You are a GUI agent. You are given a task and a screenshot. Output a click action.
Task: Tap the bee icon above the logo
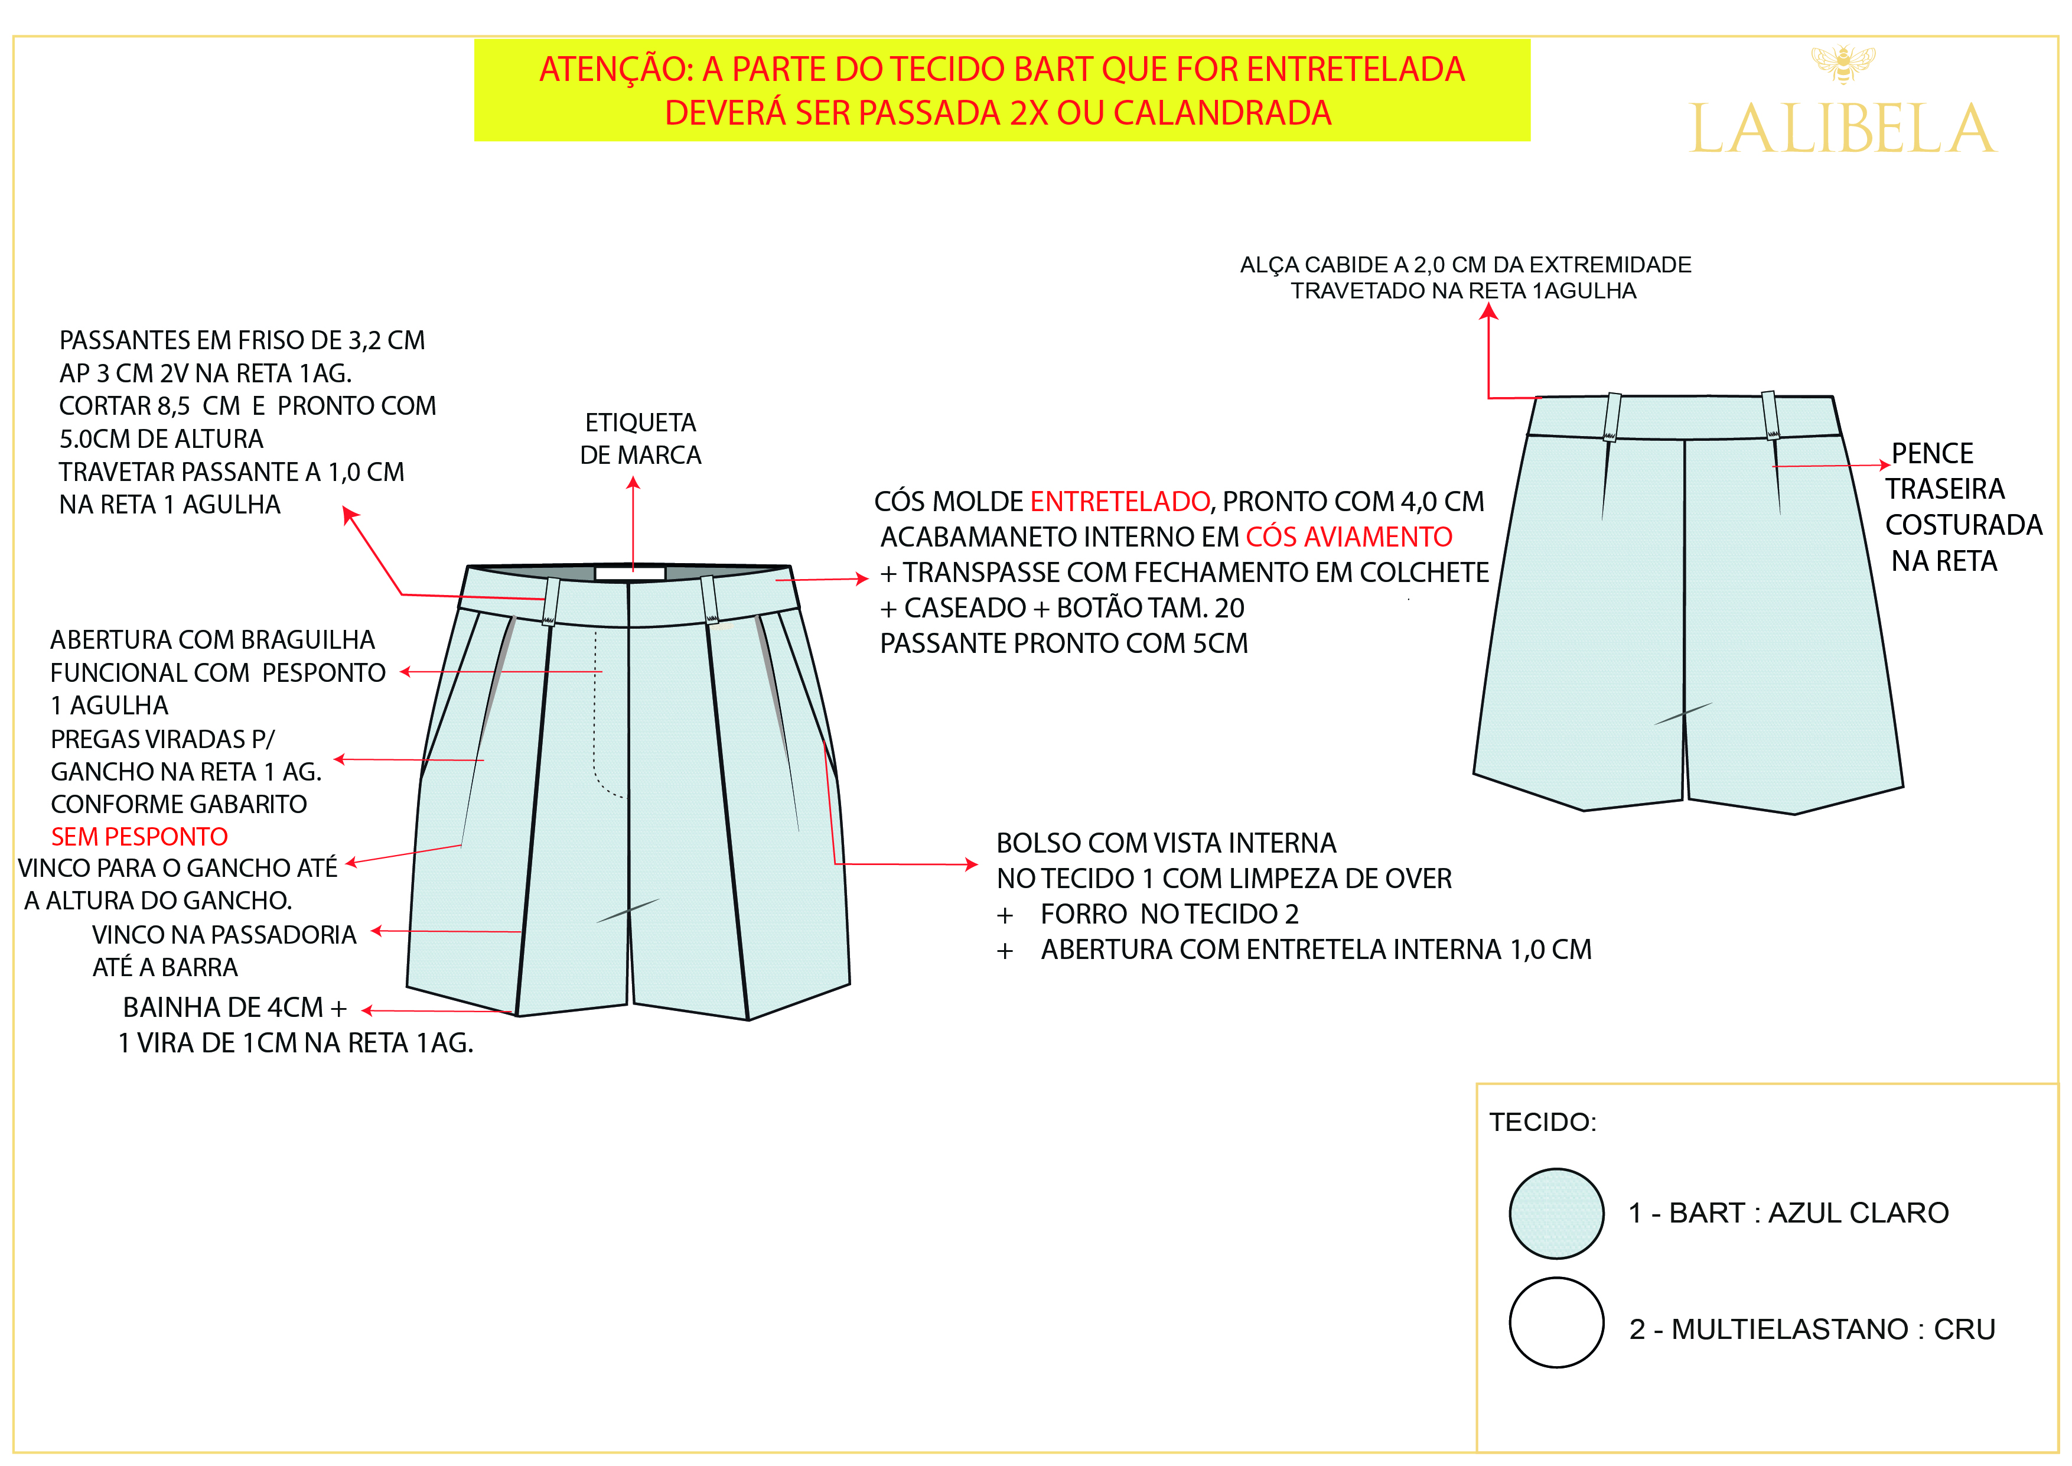[1843, 63]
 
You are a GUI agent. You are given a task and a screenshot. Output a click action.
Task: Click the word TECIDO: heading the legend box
[1542, 1122]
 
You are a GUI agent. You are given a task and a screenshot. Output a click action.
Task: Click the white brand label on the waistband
[630, 573]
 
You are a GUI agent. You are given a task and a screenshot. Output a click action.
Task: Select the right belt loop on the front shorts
[710, 599]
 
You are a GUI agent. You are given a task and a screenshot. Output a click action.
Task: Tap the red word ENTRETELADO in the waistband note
[1119, 501]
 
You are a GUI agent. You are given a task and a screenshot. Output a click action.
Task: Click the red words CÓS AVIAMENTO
[1348, 537]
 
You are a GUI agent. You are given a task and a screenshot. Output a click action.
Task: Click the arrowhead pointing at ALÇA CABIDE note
[1488, 311]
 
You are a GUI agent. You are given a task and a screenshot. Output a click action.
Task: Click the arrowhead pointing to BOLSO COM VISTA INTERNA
[972, 864]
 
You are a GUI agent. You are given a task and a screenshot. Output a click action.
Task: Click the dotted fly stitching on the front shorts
[595, 713]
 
